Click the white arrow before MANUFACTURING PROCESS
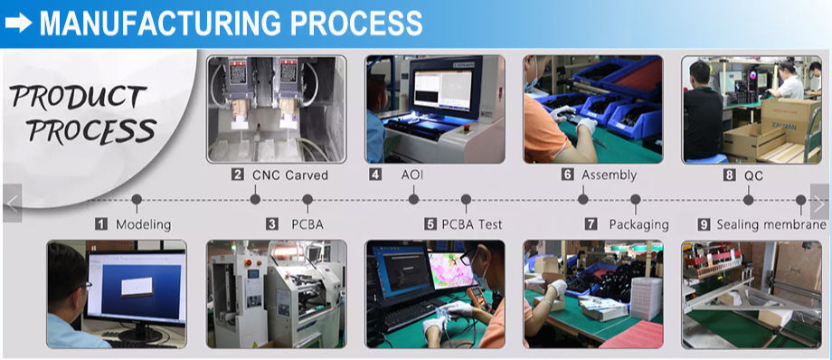19,23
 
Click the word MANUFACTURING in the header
160,24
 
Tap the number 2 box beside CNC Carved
238,175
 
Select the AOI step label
412,175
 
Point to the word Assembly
609,175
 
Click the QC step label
753,175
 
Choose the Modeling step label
143,224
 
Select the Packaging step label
638,224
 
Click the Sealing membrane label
771,224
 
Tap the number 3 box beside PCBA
271,224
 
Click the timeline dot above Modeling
137,200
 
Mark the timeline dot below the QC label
748,200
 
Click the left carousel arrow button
12,203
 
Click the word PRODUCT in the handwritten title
78,98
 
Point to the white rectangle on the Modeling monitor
137,286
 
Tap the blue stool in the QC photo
707,158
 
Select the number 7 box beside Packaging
591,224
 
